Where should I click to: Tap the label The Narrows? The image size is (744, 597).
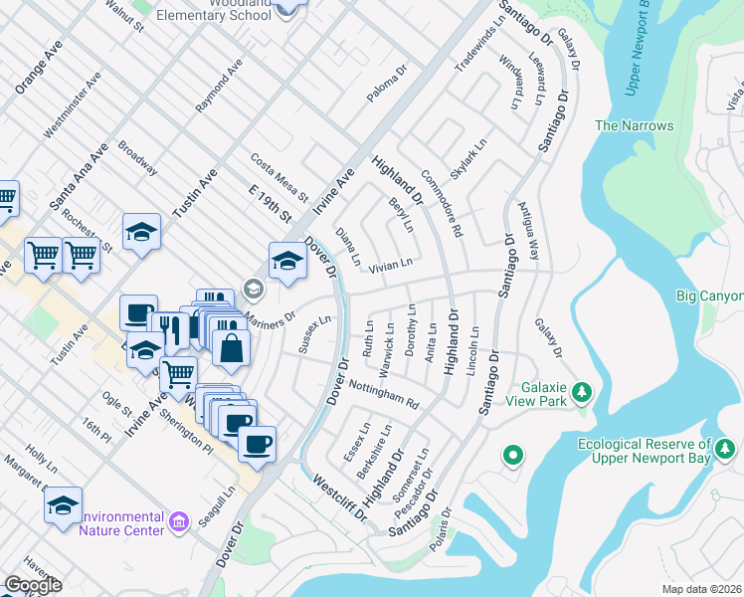coord(634,125)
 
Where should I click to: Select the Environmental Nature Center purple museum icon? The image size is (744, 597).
coord(178,521)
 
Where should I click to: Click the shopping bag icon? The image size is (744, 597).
coord(230,347)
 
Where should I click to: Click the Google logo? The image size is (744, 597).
coord(33,586)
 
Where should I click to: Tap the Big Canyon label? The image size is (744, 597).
coord(708,296)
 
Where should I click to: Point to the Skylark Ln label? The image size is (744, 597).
coord(468,159)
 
